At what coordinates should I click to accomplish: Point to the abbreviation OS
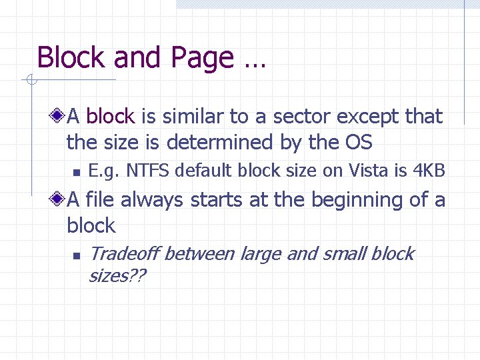[359, 143]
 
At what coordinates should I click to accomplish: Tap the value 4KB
[429, 171]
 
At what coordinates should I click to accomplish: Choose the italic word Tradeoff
[123, 254]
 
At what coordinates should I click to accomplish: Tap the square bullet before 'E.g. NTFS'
[77, 172]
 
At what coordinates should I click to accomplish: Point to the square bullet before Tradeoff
[77, 255]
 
